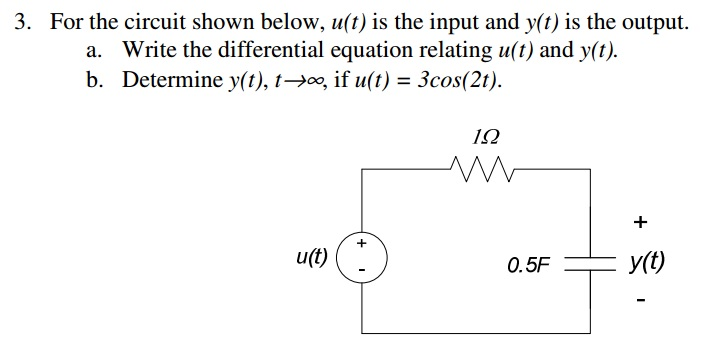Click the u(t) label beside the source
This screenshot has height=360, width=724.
coord(312,256)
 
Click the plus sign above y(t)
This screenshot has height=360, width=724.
coord(641,220)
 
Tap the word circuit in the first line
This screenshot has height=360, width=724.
coord(152,21)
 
